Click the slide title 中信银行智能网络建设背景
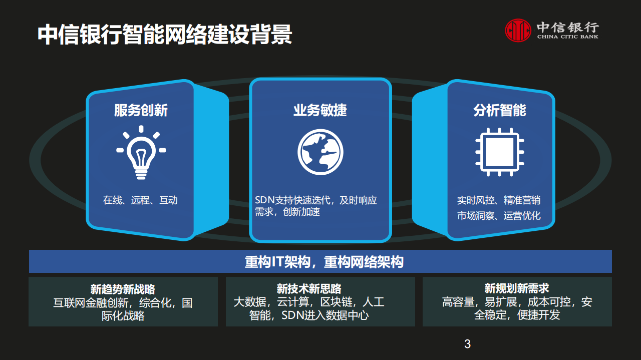pos(165,36)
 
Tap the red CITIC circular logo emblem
pos(518,31)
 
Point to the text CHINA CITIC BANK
pos(567,37)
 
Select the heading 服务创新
pos(141,110)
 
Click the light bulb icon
pos(141,152)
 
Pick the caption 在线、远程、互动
pos(140,200)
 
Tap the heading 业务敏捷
pos(320,110)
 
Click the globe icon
pos(320,152)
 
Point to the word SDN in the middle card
pos(265,200)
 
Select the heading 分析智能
pos(499,110)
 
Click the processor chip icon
pos(499,152)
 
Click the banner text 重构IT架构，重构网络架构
pos(324,262)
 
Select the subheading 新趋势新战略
pos(123,289)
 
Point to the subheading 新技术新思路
pos(309,289)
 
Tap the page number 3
pos(468,344)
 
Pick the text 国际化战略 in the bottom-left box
pos(123,316)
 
